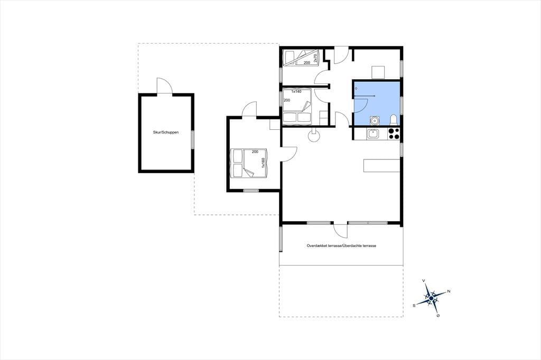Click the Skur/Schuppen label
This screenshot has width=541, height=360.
coord(166,132)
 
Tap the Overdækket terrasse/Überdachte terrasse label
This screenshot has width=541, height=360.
coord(341,246)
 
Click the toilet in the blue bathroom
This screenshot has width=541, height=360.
coord(394,120)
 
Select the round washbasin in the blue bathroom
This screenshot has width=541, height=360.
coord(375,120)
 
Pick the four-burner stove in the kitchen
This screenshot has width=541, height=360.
coord(394,134)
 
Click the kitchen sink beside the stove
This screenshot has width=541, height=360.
coord(373,134)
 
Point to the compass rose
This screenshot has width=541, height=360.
coord(431,298)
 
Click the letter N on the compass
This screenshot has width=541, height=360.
coord(449,291)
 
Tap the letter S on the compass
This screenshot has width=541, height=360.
coord(414,306)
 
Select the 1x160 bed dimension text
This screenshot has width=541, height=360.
coord(263,163)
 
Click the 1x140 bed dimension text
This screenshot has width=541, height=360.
coord(296,92)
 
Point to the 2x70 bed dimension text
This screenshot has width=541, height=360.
coord(315,58)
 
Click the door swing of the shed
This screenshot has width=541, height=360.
coord(164,85)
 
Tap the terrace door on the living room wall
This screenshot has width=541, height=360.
coord(340,230)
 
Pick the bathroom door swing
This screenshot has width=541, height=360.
coord(361,105)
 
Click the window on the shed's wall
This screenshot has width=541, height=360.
coord(193,139)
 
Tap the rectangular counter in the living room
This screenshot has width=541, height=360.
coord(382,166)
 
